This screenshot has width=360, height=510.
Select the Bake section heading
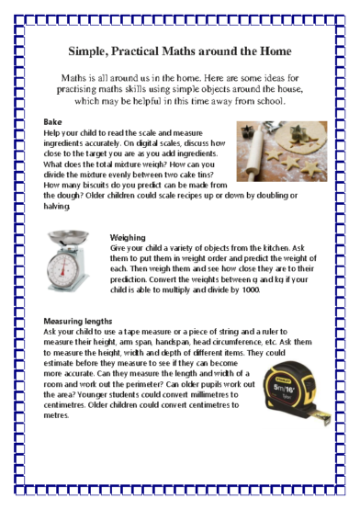[52, 121]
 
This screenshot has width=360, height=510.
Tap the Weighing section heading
[129, 237]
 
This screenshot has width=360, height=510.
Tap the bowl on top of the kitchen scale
[68, 238]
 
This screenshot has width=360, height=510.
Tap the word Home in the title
[273, 51]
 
